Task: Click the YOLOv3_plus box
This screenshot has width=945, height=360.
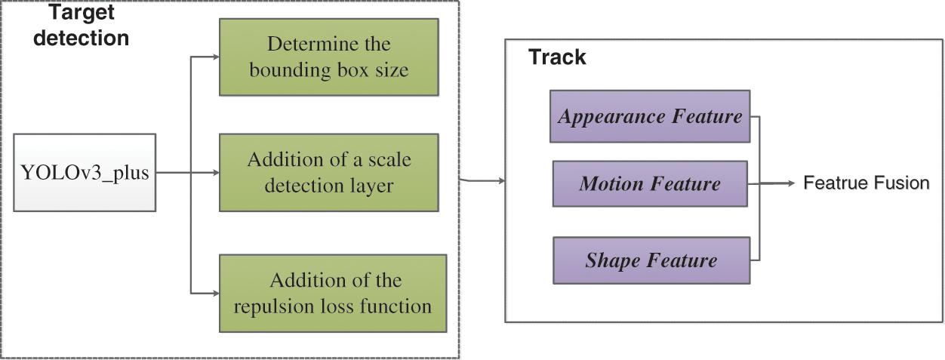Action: (85, 173)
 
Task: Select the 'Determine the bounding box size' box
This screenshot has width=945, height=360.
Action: (328, 57)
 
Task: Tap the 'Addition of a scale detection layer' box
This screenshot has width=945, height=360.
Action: (328, 173)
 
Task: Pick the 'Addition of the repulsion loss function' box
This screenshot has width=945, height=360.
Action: (328, 294)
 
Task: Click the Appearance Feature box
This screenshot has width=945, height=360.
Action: (650, 117)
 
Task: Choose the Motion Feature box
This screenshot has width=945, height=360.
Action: (650, 183)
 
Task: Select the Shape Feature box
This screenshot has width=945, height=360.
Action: (651, 260)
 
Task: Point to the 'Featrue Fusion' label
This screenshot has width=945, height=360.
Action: (866, 183)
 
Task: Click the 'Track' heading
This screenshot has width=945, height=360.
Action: (557, 57)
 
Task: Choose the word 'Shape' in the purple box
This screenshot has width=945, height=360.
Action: (611, 260)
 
